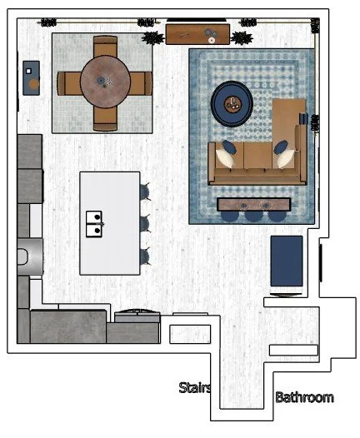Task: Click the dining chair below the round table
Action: tap(105, 120)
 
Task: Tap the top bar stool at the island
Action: tap(146, 192)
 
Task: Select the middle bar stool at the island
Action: tap(146, 223)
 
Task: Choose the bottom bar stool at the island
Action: tap(146, 255)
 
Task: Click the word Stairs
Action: tap(195, 388)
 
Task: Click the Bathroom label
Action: tap(304, 398)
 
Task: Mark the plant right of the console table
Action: tap(242, 37)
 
